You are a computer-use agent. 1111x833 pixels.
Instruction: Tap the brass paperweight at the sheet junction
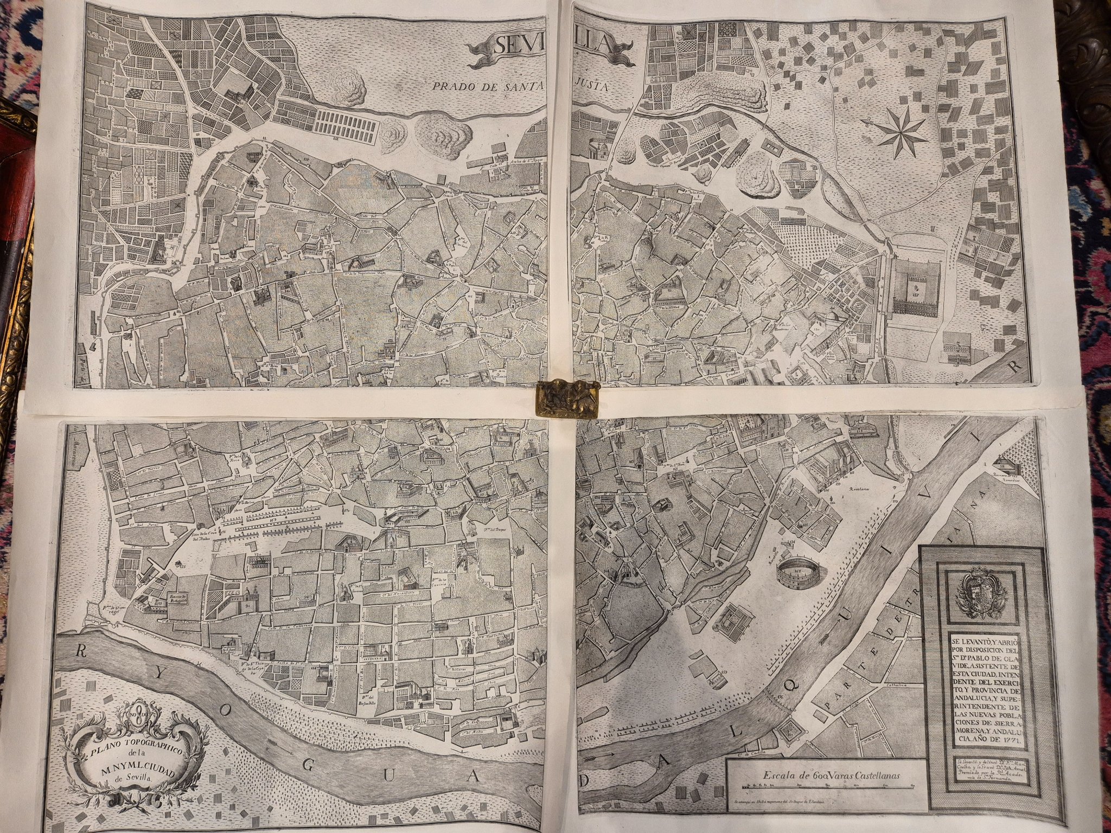click(566, 399)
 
